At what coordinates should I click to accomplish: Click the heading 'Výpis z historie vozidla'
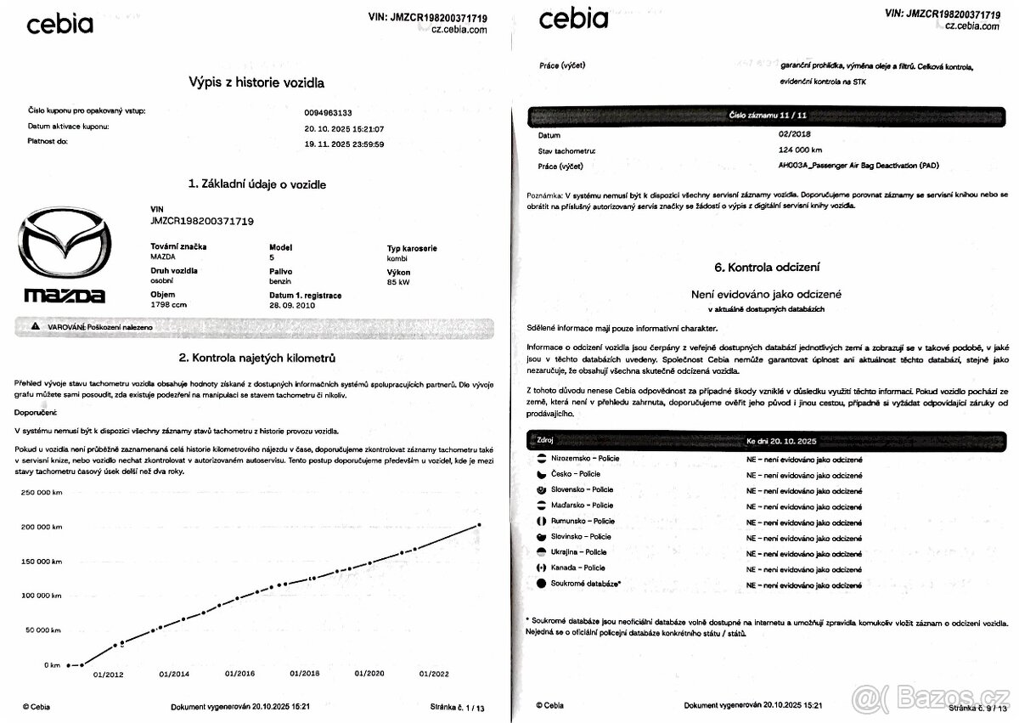[x=256, y=82]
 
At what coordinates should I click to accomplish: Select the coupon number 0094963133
[x=328, y=112]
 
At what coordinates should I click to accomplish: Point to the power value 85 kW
[x=397, y=282]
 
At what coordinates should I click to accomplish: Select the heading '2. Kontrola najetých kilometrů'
[x=256, y=358]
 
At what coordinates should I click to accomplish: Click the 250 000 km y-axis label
[x=42, y=492]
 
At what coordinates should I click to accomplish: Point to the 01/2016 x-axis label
[x=240, y=674]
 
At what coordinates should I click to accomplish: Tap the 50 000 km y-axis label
[x=43, y=630]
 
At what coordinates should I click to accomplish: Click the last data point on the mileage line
[x=479, y=525]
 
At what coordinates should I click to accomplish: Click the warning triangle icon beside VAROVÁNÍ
[x=35, y=326]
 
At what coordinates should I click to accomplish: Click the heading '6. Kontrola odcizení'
[x=767, y=267]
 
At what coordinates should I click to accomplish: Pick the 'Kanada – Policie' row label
[x=577, y=568]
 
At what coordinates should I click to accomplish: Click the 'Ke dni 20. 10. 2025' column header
[x=781, y=442]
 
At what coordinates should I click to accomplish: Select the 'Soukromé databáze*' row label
[x=585, y=584]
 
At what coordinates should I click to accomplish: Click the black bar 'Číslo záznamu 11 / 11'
[x=766, y=114]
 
